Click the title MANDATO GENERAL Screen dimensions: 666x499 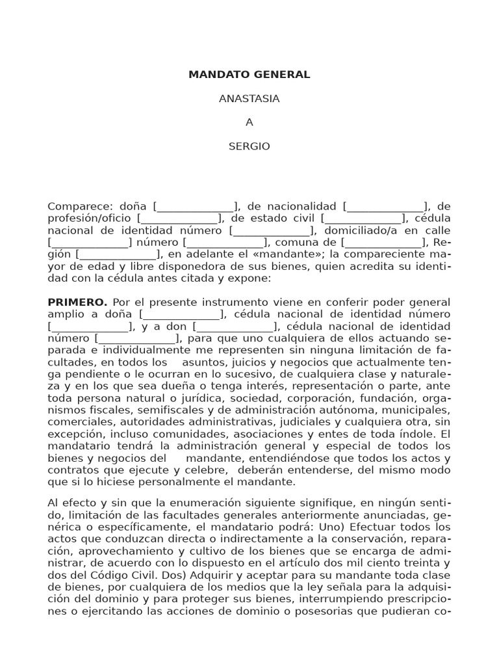(x=249, y=75)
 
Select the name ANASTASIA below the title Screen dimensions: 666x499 (x=249, y=99)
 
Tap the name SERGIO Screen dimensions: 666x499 (x=249, y=146)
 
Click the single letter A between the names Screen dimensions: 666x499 (x=249, y=122)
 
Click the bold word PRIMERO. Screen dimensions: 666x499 (x=77, y=302)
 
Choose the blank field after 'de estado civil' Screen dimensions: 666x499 (x=361, y=218)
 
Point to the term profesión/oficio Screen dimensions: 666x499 (x=89, y=218)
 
